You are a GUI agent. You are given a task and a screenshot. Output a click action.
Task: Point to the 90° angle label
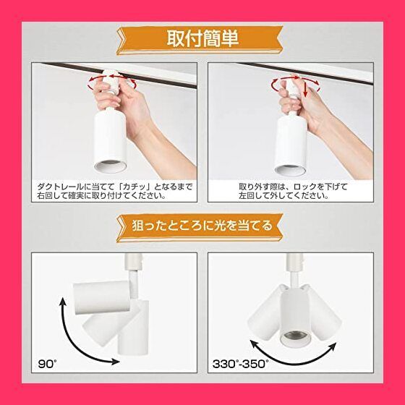(x=47, y=362)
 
